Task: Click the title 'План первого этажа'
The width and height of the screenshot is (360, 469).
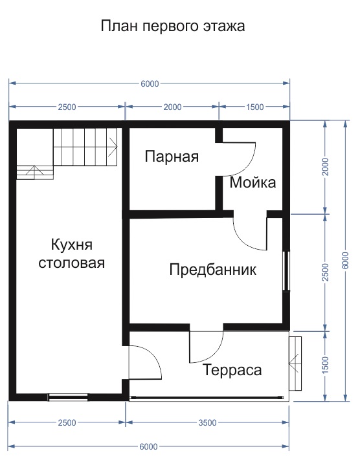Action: [173, 27]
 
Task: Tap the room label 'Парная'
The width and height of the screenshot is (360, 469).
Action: [172, 157]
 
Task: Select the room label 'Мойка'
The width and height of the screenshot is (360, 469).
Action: [253, 182]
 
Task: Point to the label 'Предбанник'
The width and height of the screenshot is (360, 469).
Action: [212, 270]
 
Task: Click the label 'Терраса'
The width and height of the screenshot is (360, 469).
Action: [232, 370]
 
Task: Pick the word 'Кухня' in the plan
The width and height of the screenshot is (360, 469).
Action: [72, 245]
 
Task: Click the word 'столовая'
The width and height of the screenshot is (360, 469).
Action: [72, 263]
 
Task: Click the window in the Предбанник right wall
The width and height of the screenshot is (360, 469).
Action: [286, 270]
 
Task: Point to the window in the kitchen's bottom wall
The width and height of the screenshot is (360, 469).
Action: [68, 397]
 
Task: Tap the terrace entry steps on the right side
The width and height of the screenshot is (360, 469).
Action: [295, 364]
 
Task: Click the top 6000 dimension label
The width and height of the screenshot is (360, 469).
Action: [150, 83]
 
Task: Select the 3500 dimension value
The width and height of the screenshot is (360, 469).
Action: [207, 422]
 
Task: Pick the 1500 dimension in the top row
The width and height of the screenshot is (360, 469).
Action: [255, 107]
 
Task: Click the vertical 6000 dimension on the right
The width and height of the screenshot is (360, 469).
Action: [345, 261]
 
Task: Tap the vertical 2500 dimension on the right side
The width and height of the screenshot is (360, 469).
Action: [325, 272]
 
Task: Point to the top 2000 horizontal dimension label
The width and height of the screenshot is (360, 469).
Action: [172, 107]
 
